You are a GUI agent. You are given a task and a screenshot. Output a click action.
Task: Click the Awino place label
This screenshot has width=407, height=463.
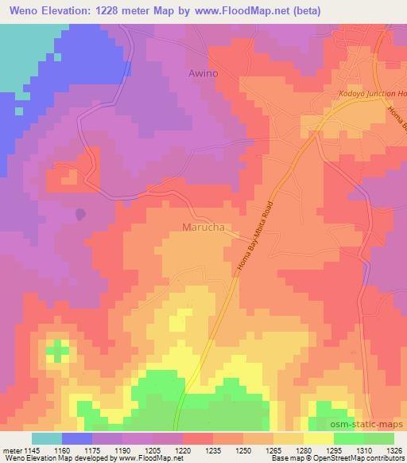coord(203,73)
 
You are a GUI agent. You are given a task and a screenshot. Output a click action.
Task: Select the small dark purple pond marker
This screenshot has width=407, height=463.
coord(80,214)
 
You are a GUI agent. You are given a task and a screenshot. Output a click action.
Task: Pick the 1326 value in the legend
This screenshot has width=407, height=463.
coord(393,450)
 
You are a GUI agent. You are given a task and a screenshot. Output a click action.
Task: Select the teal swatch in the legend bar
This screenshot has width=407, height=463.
coord(46,438)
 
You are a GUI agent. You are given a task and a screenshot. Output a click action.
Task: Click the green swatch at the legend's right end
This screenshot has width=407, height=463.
coord(378,438)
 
